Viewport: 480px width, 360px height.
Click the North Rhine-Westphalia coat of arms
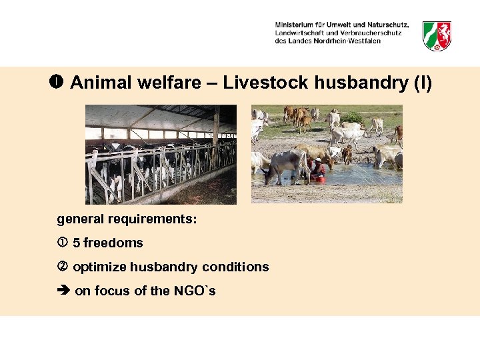point(437,35)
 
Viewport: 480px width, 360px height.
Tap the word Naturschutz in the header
point(386,25)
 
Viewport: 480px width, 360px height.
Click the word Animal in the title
point(94,83)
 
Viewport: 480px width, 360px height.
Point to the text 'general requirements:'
point(127,219)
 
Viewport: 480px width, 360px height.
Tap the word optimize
point(99,267)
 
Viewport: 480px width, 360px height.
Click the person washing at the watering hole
point(317,169)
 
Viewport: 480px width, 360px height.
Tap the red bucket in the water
point(321,179)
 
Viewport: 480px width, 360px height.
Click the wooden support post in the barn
point(216,127)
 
